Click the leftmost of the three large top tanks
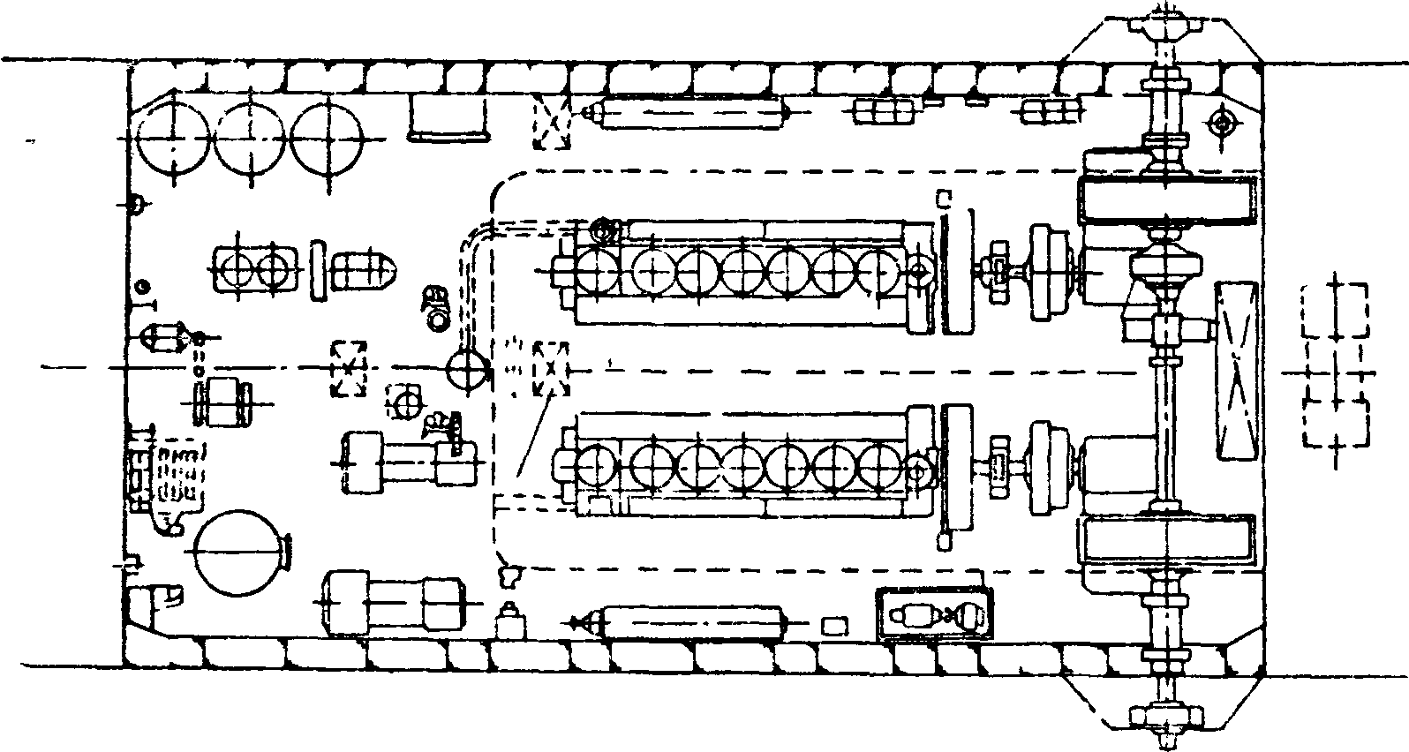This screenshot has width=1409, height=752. click(x=174, y=139)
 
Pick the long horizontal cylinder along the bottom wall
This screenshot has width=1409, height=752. click(x=691, y=622)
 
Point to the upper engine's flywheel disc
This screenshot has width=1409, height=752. click(x=956, y=271)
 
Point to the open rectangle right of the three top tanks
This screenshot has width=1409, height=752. click(x=448, y=119)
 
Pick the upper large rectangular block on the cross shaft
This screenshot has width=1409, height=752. click(x=1165, y=200)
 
